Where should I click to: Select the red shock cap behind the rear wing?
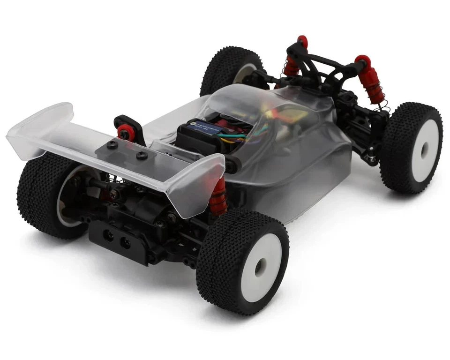(124, 133)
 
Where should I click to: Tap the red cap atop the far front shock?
(302, 39)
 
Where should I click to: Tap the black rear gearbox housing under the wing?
(141, 206)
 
